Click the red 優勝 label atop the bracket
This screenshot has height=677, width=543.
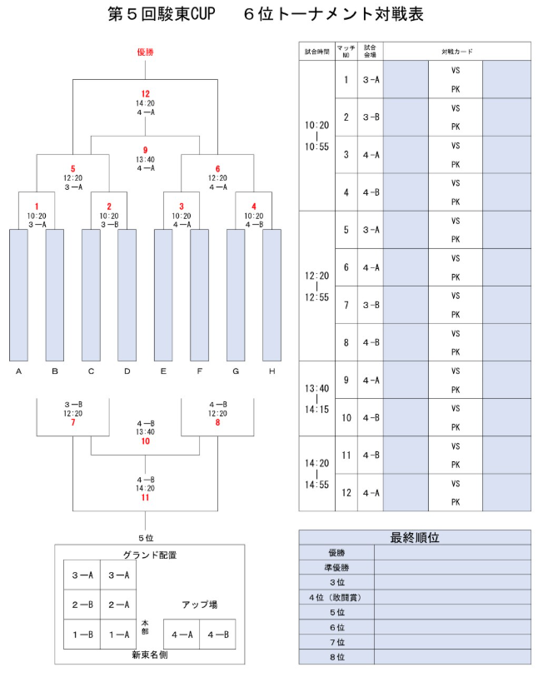(x=145, y=52)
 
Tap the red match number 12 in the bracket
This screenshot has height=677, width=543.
(x=145, y=94)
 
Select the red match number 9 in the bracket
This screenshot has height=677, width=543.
(x=145, y=150)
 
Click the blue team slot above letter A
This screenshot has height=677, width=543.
(x=18, y=295)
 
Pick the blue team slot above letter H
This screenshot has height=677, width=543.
(x=271, y=295)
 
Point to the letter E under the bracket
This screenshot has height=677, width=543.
(x=163, y=371)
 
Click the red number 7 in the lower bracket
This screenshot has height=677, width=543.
(x=73, y=422)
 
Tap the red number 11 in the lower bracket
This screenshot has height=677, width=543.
(x=145, y=497)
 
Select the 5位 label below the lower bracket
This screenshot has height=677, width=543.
(x=146, y=538)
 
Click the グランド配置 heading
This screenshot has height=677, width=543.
(x=150, y=555)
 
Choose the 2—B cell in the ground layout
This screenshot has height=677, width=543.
(x=82, y=605)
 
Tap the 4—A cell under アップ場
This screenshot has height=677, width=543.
(x=182, y=635)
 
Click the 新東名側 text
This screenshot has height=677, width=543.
(x=149, y=655)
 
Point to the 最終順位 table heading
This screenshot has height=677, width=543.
(x=415, y=538)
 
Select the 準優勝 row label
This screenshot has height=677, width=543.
(x=336, y=567)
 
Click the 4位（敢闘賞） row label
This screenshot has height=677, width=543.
(x=336, y=597)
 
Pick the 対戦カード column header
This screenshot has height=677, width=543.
(x=457, y=52)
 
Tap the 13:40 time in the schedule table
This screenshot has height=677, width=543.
(x=316, y=388)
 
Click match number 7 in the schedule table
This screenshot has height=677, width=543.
(x=346, y=305)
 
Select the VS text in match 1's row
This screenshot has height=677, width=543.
(x=456, y=71)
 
